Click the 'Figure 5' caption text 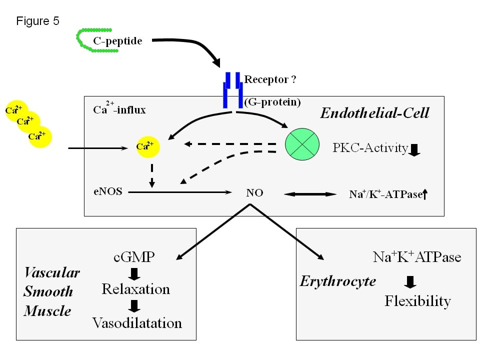(x=38, y=21)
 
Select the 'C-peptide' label (x=117, y=40)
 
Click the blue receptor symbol (x=233, y=90)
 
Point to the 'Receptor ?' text (x=271, y=79)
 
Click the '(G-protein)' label (x=272, y=102)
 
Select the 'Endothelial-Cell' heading (x=374, y=113)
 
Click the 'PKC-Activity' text (x=370, y=148)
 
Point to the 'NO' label (x=254, y=192)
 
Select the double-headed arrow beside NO (x=310, y=194)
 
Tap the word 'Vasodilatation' (x=137, y=323)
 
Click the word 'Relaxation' (x=135, y=289)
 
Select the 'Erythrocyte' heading (x=337, y=281)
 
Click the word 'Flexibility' (x=417, y=301)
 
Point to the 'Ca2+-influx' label (x=119, y=109)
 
